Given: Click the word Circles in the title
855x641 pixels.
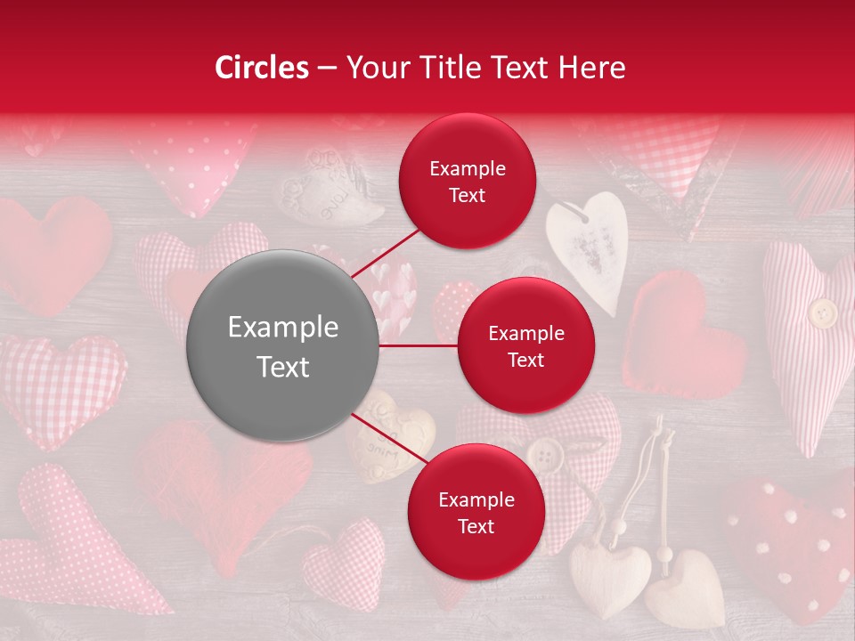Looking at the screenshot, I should coord(261,68).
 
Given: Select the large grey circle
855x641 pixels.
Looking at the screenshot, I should coord(283,346).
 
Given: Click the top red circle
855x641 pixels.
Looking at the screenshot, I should coord(468,182).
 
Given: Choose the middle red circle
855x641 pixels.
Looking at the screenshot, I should coord(525,345).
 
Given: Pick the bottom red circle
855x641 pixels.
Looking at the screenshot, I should coord(476,512).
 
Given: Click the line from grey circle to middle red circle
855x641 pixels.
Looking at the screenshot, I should coord(418,345).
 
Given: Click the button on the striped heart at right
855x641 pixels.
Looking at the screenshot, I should coord(822,312).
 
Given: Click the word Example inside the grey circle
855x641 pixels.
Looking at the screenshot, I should coord(283,328).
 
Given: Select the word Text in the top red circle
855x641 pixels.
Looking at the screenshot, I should coord(468,195).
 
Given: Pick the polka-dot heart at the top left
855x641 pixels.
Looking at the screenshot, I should coord(191,165).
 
